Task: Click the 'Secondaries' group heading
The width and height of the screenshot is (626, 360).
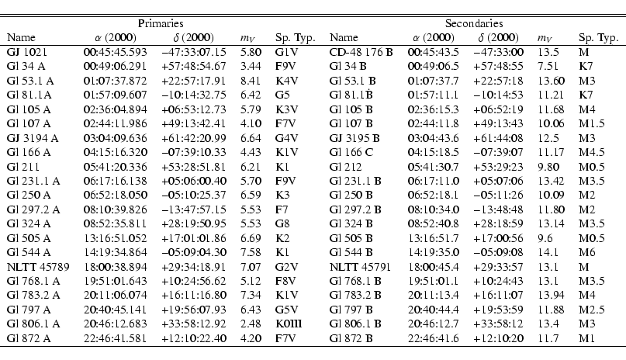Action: pos(472,24)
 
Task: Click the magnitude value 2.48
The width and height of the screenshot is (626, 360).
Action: pos(249,326)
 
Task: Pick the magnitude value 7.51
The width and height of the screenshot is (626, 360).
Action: pos(548,65)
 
